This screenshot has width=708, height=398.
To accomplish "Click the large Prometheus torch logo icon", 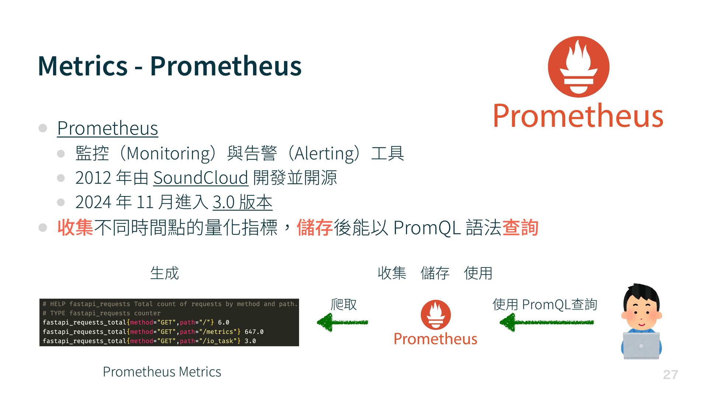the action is tap(578, 67).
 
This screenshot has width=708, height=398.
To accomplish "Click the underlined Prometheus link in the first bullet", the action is tap(108, 128).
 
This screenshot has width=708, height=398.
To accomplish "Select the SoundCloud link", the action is tap(201, 178).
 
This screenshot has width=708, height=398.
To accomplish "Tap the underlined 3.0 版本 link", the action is tap(243, 202).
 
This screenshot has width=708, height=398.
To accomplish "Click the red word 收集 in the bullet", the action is tap(76, 227).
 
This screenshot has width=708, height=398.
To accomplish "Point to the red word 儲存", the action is tap(315, 227).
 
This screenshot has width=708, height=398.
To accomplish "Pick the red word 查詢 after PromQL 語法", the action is tap(520, 227).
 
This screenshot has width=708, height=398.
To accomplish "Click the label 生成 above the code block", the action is tap(164, 273).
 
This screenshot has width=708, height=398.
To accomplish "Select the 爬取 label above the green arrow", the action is tap(344, 304).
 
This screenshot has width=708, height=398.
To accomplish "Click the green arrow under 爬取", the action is tap(343, 322).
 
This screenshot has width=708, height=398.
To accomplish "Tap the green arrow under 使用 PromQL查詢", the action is tap(546, 322).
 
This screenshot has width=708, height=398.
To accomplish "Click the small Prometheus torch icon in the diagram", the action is tap(436, 315).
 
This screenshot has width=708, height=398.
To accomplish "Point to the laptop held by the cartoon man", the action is tap(641, 345).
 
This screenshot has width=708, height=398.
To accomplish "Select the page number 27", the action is tap(670, 375).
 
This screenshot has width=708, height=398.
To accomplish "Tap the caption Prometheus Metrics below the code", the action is tap(162, 372).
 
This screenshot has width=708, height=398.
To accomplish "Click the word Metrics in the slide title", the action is tap(83, 66).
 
